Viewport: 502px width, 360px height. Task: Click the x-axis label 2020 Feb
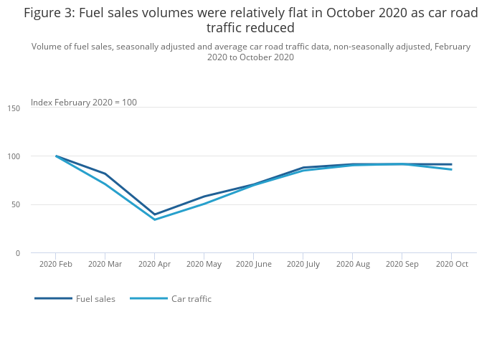tap(56, 264)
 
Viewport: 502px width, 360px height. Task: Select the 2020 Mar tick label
tap(105, 264)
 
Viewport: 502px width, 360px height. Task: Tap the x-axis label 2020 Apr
tap(154, 264)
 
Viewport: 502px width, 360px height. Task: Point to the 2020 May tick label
tap(204, 264)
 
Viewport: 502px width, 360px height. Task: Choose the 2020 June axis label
tap(253, 264)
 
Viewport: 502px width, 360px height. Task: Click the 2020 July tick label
tap(303, 264)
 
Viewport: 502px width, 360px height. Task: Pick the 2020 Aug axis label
tap(352, 264)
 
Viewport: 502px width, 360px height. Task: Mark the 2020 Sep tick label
tap(402, 264)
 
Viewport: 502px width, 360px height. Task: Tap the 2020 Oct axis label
tap(451, 264)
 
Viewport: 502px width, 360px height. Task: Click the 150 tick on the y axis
tap(14, 108)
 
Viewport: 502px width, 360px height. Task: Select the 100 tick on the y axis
tap(14, 156)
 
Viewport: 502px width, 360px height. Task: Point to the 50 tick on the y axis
tap(16, 204)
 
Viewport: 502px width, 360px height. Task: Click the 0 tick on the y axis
tap(18, 253)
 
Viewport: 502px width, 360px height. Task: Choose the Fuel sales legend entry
tap(95, 299)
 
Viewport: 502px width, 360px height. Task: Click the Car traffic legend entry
tap(191, 299)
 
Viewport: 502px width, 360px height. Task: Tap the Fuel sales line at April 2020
tap(154, 214)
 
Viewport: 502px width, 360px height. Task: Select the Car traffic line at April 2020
tap(154, 219)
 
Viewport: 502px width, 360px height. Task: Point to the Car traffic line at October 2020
tap(451, 169)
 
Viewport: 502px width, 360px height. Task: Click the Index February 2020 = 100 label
tap(84, 103)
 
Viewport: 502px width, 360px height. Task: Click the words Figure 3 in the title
tap(47, 13)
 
